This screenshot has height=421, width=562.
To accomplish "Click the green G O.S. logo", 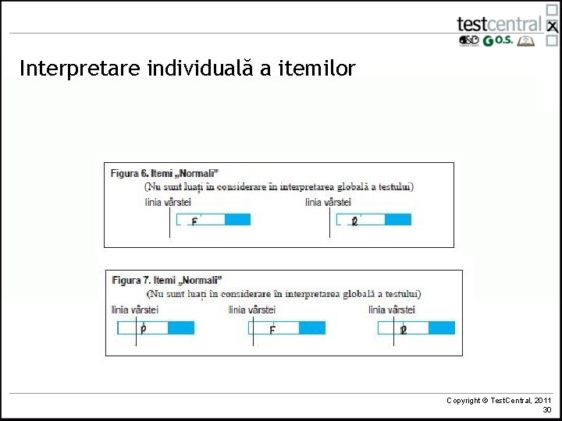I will click(498, 41).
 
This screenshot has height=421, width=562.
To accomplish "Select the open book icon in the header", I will click(527, 41).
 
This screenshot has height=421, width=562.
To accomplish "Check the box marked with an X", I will click(552, 27).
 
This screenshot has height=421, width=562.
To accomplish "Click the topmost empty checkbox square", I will click(552, 9).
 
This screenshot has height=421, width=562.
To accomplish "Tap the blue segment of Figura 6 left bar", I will click(237, 220).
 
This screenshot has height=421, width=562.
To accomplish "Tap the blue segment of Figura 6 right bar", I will click(397, 220).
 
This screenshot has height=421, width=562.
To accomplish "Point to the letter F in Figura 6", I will click(194, 221).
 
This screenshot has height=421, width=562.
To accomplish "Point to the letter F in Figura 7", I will click(272, 330).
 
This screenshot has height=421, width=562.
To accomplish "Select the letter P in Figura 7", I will click(143, 329).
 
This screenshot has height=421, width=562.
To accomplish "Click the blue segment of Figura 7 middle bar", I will click(311, 328).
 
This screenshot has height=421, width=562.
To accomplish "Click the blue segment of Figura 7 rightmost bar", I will click(441, 328).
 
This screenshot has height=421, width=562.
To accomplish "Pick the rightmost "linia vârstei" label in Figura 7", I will click(392, 310).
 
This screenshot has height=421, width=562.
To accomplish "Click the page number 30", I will click(546, 409).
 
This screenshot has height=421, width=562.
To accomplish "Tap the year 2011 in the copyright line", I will click(542, 400).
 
